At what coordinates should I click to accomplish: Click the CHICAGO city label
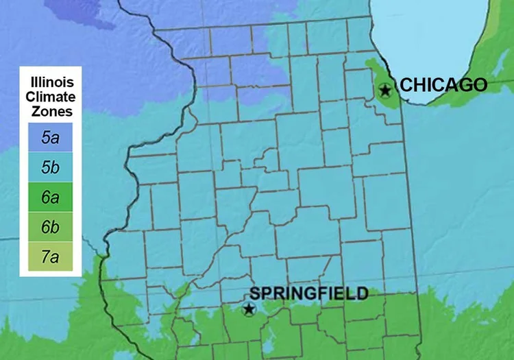coord(443,85)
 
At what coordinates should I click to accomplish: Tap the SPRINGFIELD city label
coord(309,293)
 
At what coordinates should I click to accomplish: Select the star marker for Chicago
coord(385,90)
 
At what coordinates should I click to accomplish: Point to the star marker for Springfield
coord(249,309)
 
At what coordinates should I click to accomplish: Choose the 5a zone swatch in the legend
coord(49,138)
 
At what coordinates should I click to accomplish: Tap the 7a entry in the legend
coord(49,258)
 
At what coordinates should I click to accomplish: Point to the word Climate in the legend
coord(49,97)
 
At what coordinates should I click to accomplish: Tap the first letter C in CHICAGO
coord(405,85)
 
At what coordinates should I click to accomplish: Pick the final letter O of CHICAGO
coord(480,85)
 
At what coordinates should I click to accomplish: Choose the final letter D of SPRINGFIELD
coord(363,293)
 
